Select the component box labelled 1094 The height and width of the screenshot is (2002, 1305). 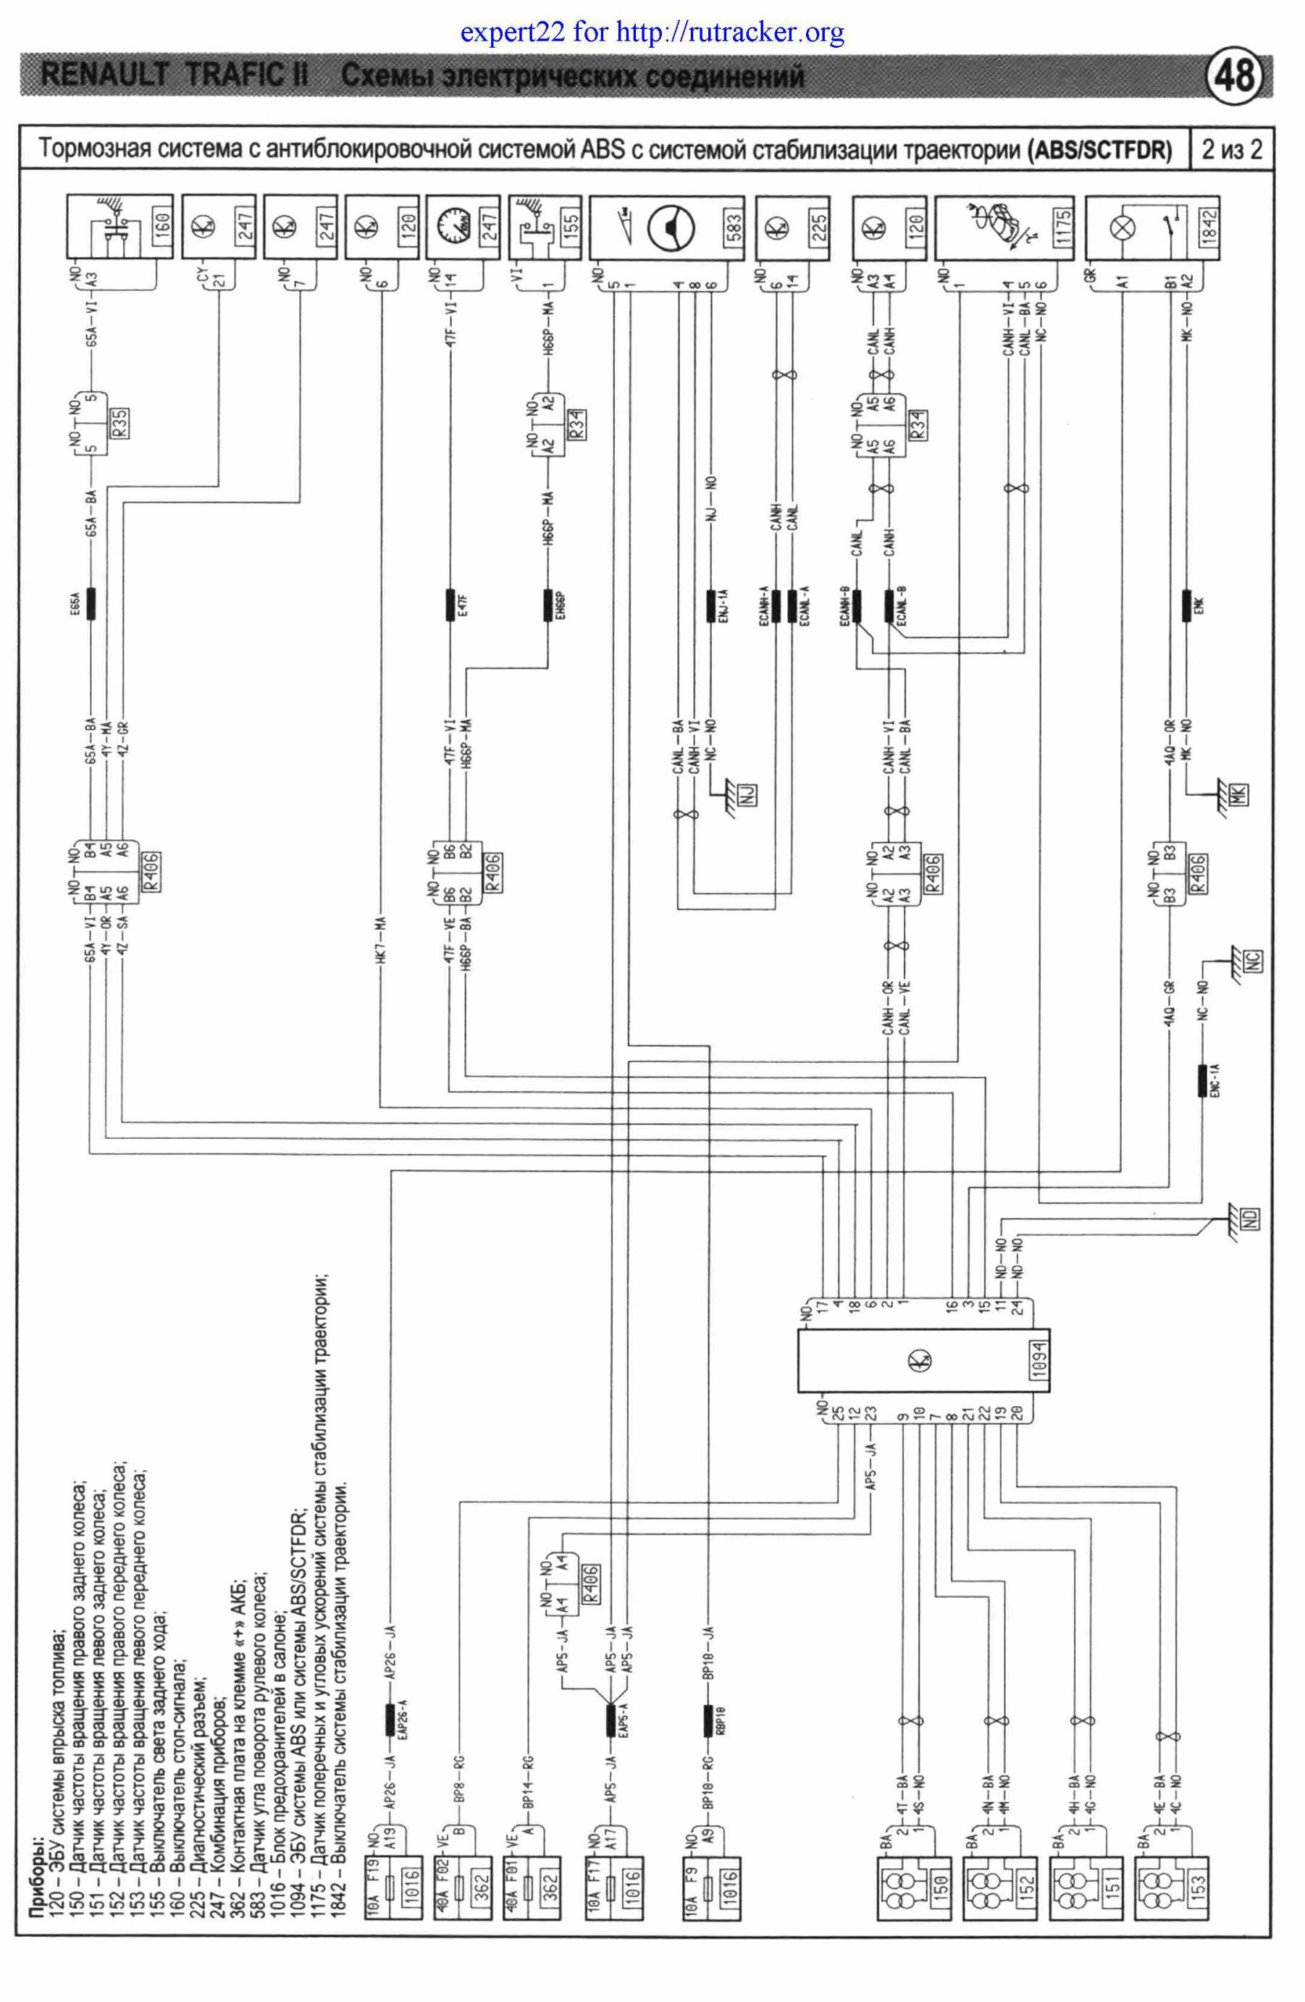916,1361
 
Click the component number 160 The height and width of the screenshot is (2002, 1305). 161,227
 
